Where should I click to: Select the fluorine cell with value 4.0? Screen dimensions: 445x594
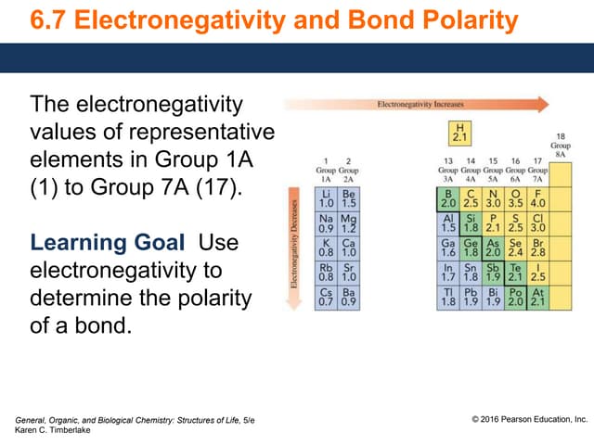pos(537,198)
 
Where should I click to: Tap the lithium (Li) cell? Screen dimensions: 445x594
pos(326,198)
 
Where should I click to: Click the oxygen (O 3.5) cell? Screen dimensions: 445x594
pos(515,198)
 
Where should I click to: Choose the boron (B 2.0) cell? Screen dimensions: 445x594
pos(448,198)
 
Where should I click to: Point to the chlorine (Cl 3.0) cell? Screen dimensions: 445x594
pos(537,222)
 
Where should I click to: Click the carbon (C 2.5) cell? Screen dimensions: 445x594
pos(471,198)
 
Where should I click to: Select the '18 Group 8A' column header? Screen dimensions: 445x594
pos(561,146)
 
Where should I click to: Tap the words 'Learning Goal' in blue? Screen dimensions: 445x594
pos(89,243)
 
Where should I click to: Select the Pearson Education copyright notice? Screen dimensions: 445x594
pos(530,420)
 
